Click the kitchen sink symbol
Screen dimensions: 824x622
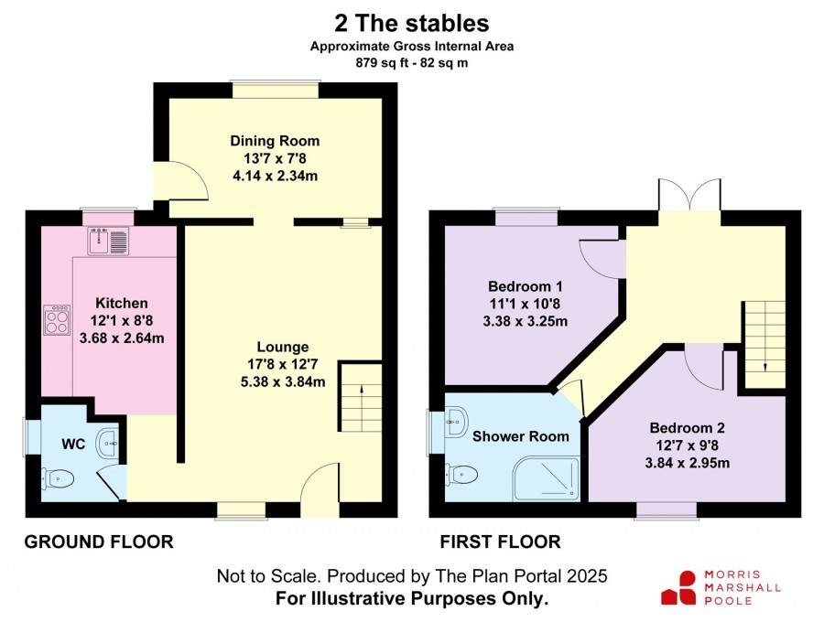pos(108,241)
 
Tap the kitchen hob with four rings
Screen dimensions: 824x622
pos(58,320)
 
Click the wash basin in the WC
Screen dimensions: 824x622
pos(109,443)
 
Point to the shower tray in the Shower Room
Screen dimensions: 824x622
pos(546,478)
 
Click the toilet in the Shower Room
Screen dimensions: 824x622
pos(461,475)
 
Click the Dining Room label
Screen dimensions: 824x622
pos(275,141)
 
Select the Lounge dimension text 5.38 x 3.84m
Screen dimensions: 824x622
pos(283,381)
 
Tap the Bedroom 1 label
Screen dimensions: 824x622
pos(525,286)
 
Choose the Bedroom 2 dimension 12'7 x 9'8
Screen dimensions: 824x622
pos(687,445)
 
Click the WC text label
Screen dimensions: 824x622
pos(73,444)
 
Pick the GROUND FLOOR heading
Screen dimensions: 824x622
pos(99,542)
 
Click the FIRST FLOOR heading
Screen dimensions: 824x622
pos(500,542)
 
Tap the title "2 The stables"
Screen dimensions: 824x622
pos(412,24)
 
